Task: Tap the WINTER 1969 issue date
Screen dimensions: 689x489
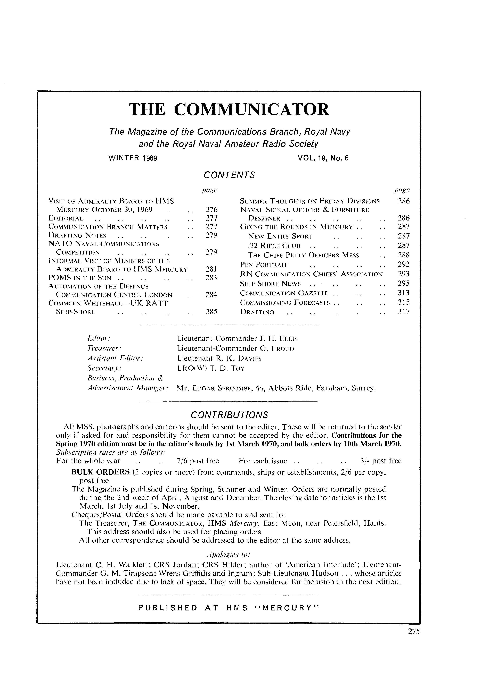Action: tap(133, 158)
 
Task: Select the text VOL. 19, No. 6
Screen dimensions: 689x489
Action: tap(323, 158)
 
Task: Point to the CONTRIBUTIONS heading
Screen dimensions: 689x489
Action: tap(229, 415)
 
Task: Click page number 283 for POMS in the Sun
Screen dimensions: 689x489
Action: tap(211, 278)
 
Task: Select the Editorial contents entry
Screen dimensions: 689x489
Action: tap(66, 218)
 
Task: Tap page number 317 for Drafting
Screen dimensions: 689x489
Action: tap(403, 312)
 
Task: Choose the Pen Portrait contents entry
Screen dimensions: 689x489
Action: tap(264, 265)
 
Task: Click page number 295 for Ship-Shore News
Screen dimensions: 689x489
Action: tap(403, 283)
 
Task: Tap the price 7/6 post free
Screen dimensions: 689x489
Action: tap(198, 461)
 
